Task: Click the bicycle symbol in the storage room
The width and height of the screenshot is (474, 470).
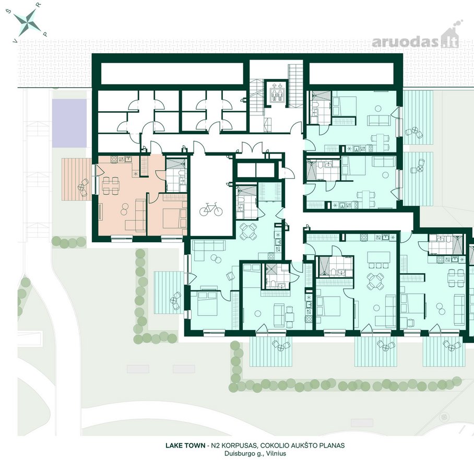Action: (x=211, y=209)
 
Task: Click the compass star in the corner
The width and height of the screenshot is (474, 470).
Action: (x=28, y=21)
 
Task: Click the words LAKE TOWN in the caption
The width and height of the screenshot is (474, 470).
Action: (x=185, y=445)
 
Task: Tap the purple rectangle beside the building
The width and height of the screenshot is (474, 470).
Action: (x=69, y=123)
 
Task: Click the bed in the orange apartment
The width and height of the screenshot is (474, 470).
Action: (x=174, y=215)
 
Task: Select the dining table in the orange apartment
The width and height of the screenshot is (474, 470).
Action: (x=110, y=186)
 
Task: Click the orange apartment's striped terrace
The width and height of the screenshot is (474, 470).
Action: (x=77, y=179)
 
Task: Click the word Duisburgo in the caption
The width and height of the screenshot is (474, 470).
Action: (x=242, y=453)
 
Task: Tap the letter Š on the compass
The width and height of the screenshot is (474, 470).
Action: (x=8, y=12)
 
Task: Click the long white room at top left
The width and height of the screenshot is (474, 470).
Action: (x=172, y=74)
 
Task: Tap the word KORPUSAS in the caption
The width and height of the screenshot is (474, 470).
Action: (x=241, y=445)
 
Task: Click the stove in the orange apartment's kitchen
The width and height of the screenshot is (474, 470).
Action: (x=114, y=159)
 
